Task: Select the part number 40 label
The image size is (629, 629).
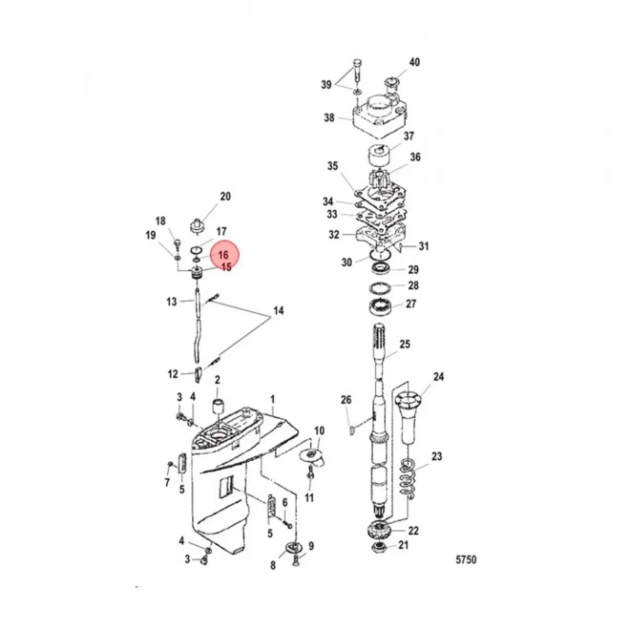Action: tap(414, 62)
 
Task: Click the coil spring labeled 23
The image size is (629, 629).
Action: tap(409, 476)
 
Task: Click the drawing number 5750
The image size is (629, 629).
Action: tap(465, 559)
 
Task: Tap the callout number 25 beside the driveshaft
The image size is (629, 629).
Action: tap(405, 344)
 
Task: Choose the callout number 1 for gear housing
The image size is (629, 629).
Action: tap(273, 399)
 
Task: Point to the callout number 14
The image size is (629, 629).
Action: tap(278, 311)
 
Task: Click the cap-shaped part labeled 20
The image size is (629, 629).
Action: tap(197, 225)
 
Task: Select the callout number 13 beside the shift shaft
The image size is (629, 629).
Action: tap(171, 302)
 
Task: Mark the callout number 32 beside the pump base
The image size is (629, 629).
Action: tap(334, 235)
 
